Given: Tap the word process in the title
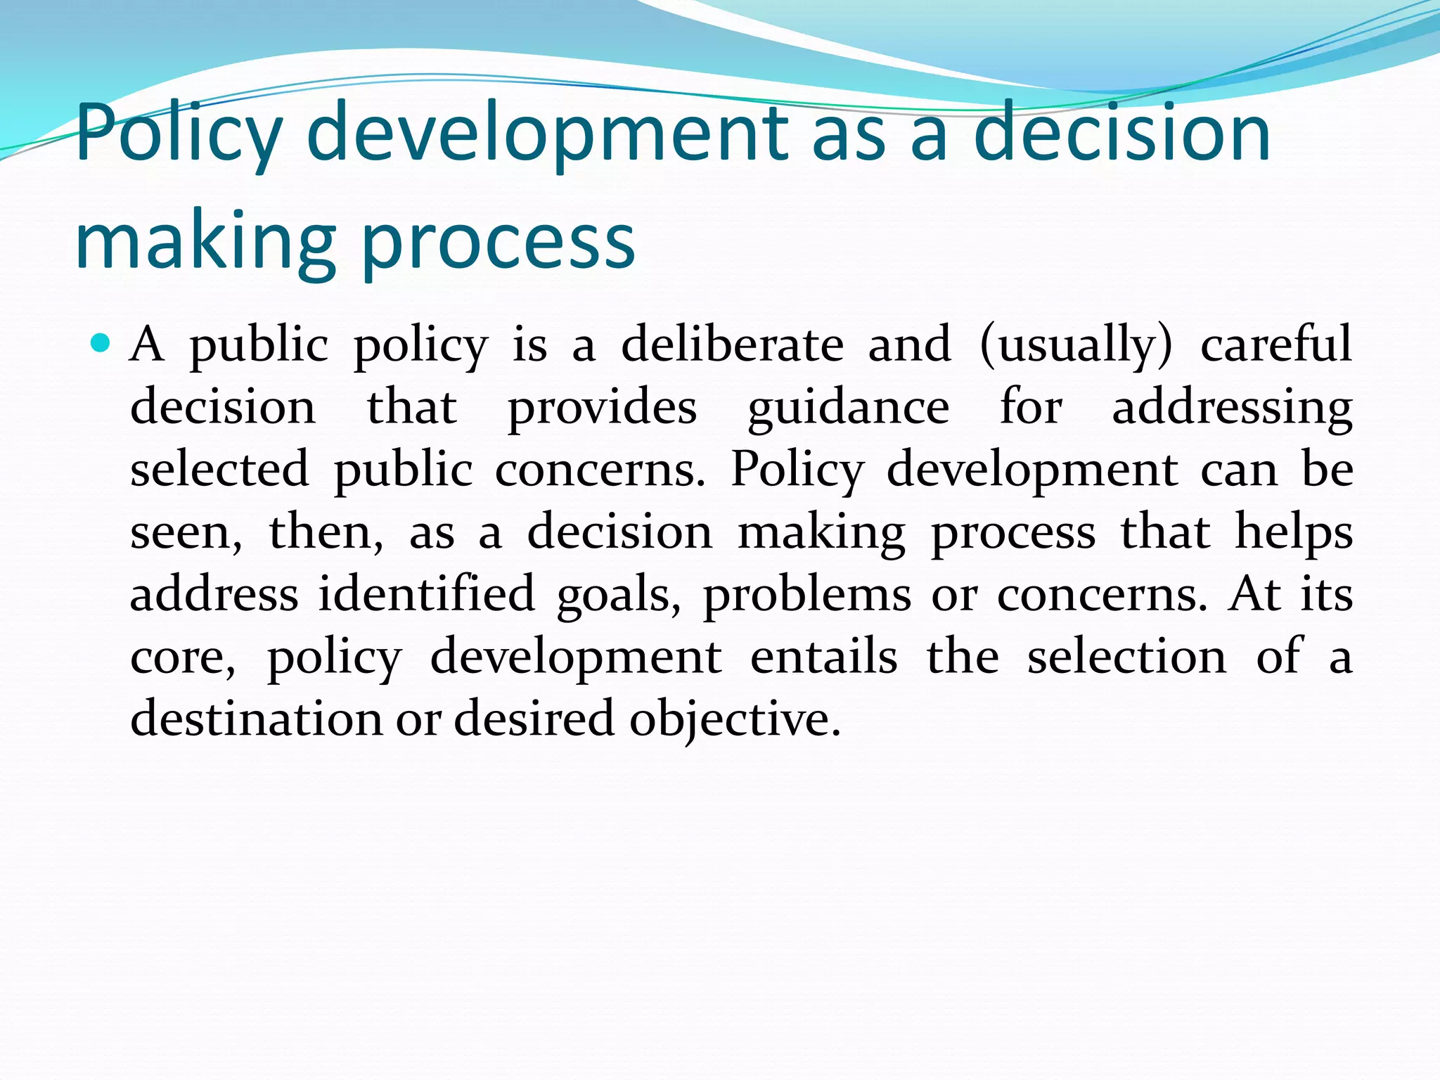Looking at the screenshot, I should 498,241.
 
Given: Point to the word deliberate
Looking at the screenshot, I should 732,345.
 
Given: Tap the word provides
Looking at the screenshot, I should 602,407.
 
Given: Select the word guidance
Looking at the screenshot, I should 848,407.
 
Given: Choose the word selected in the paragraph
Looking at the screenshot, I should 219,469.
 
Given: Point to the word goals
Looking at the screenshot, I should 619,594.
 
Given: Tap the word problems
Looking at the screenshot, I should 807,594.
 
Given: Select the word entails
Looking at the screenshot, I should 823,657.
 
